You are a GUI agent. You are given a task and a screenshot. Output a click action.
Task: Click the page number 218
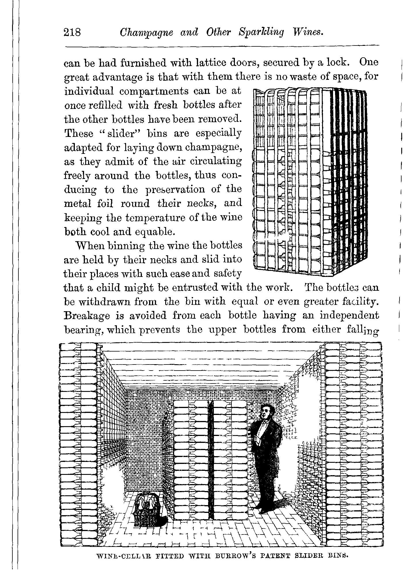(72, 33)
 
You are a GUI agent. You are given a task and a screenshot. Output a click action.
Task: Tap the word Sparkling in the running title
(261, 33)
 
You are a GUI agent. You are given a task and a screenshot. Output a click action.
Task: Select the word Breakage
(86, 316)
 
